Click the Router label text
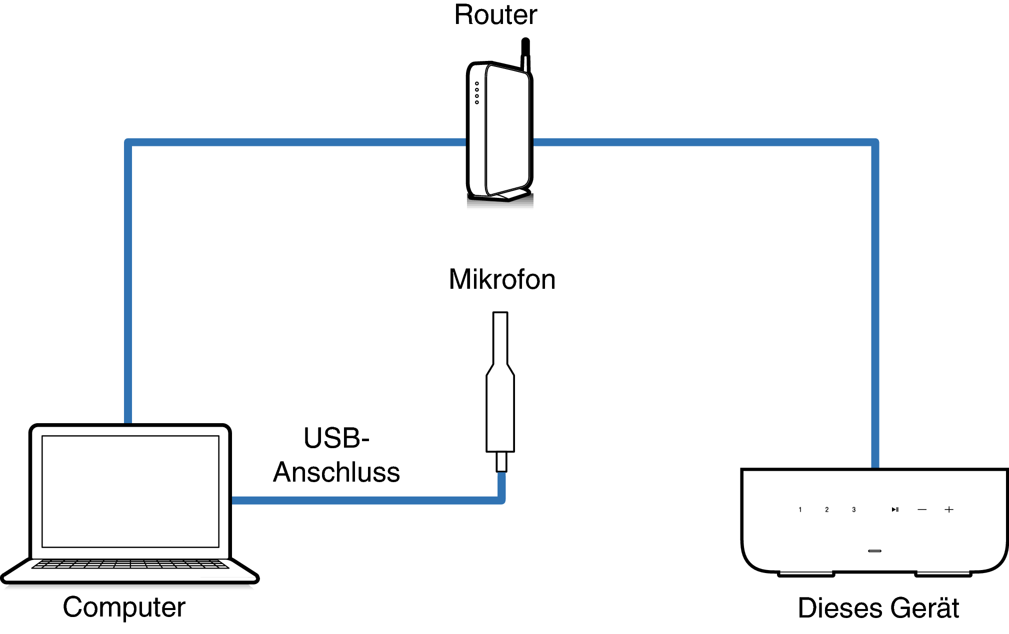pyautogui.click(x=495, y=15)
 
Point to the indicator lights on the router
pyautogui.click(x=477, y=93)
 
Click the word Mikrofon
pyautogui.click(x=501, y=279)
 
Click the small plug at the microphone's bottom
pyautogui.click(x=501, y=462)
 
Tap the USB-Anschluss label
pyautogui.click(x=336, y=455)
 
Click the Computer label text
pyautogui.click(x=124, y=607)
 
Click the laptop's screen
pyautogui.click(x=130, y=491)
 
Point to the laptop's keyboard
pyautogui.click(x=130, y=565)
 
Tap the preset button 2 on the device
pyautogui.click(x=826, y=510)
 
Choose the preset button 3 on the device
pyautogui.click(x=853, y=510)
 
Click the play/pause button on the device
pyautogui.click(x=895, y=510)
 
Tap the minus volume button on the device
pyautogui.click(x=922, y=510)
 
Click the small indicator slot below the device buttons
pyautogui.click(x=874, y=551)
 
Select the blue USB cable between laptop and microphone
pyautogui.click(x=365, y=500)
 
